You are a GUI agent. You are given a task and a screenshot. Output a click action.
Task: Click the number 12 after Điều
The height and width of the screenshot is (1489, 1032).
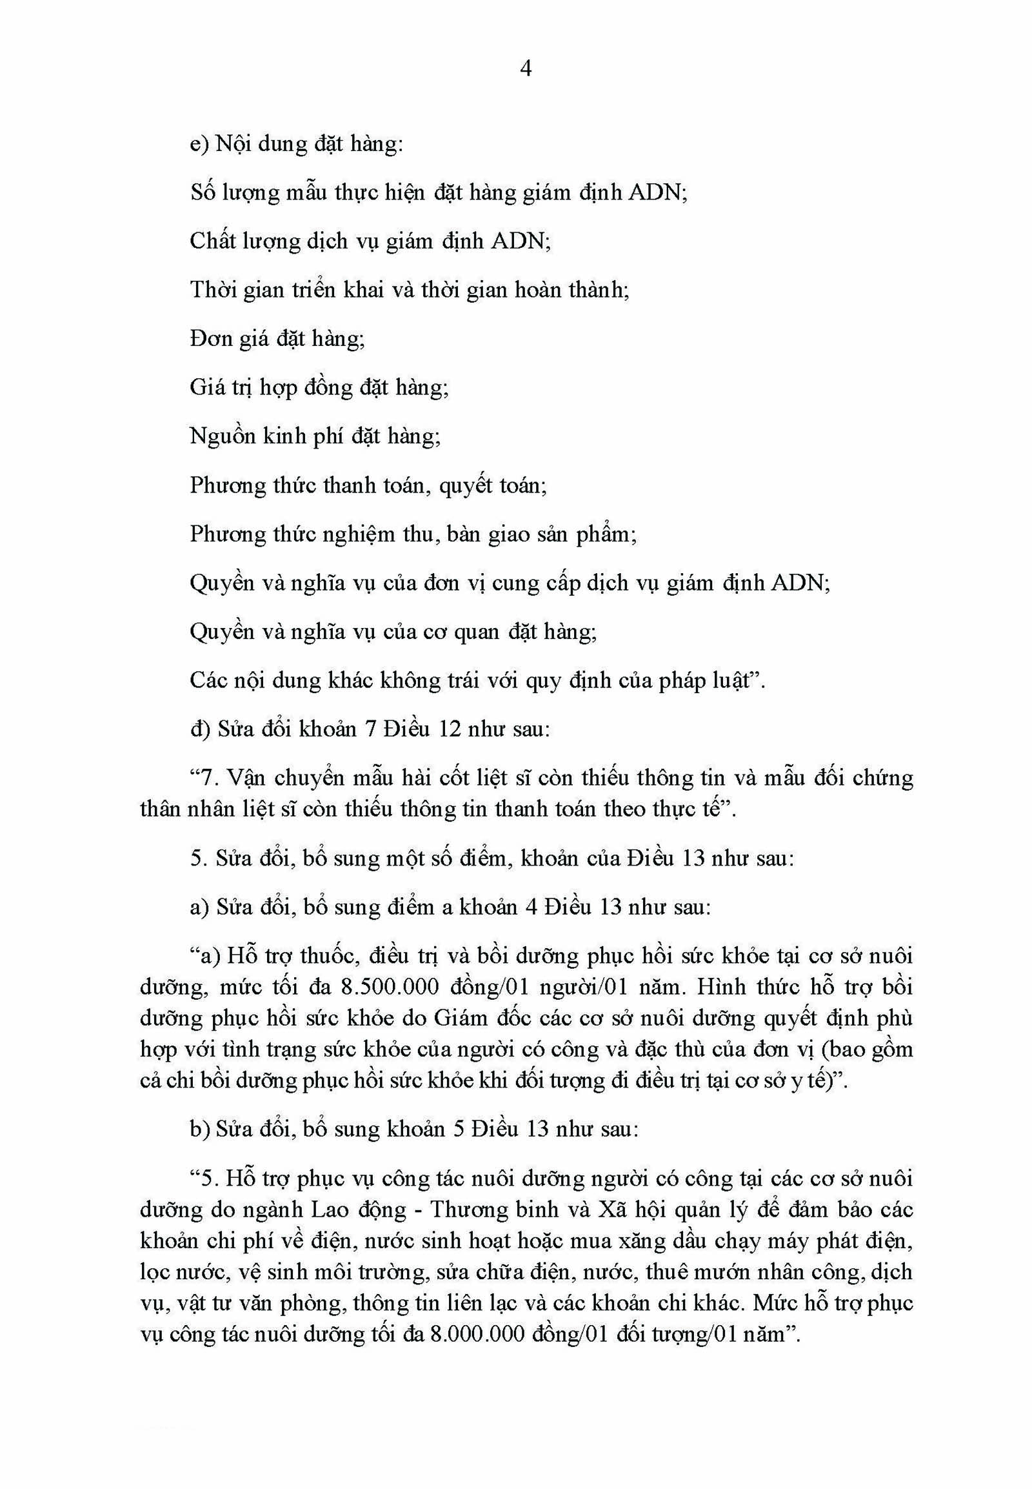(450, 729)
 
